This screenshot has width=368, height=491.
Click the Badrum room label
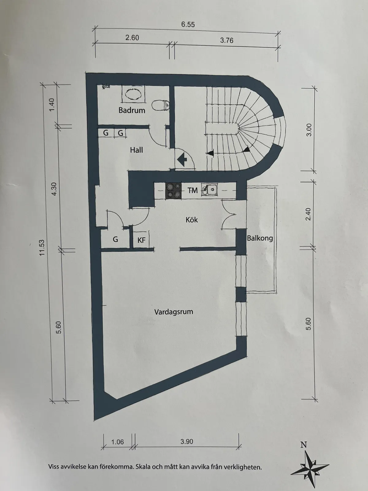(x=132, y=110)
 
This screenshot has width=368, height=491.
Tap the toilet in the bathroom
(x=160, y=105)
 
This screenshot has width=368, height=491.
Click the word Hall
(x=136, y=150)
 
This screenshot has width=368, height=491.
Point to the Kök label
(x=192, y=220)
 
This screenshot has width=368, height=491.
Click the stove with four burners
(x=173, y=191)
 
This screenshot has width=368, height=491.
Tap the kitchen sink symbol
(x=209, y=190)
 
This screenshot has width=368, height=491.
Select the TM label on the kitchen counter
(x=193, y=190)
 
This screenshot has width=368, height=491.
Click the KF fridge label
(x=141, y=240)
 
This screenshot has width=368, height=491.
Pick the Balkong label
(x=260, y=238)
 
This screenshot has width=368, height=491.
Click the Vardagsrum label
(x=174, y=312)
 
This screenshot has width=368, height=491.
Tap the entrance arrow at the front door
(x=182, y=159)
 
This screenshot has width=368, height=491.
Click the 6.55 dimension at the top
(x=188, y=24)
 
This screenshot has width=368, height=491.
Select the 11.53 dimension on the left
(x=42, y=248)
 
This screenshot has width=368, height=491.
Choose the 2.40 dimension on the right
(x=308, y=214)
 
